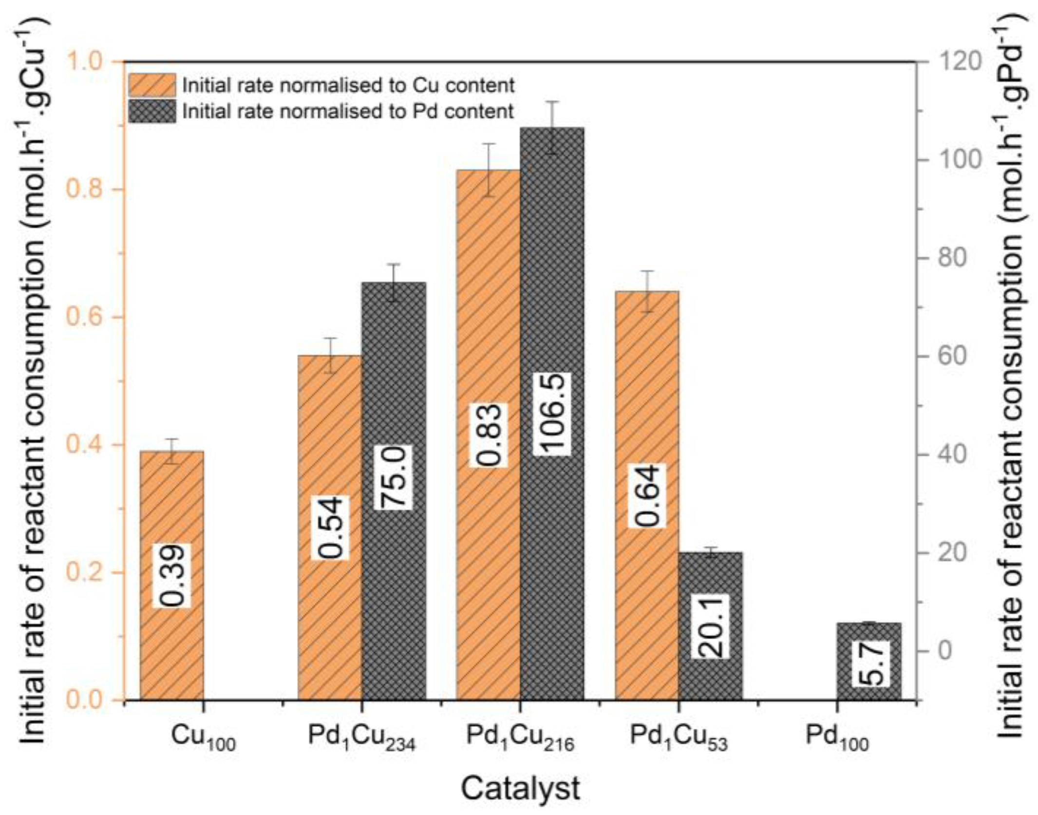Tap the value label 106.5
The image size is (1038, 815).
[551, 414]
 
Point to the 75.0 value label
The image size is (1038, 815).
[393, 477]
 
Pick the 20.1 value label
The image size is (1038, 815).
[710, 626]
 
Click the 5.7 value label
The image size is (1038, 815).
[869, 663]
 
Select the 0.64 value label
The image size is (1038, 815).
[647, 496]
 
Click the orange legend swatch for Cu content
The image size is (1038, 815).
[152, 85]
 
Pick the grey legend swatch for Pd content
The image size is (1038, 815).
[152, 111]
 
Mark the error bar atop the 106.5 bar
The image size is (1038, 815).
[552, 127]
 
